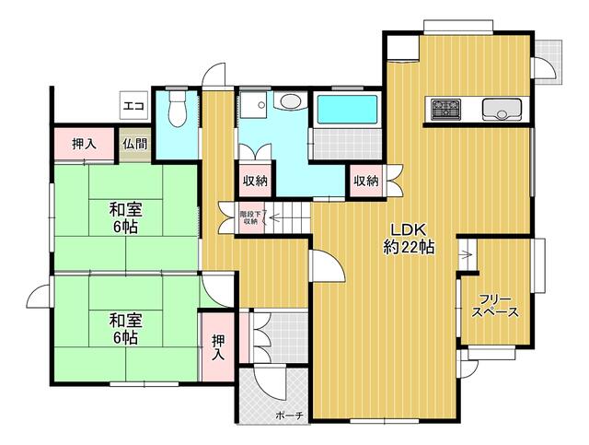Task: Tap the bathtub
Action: (347, 110)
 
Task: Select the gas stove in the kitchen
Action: (445, 109)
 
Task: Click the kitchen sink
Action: (502, 110)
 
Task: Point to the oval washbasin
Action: (290, 100)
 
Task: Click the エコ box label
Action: (133, 106)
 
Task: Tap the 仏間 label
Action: (134, 144)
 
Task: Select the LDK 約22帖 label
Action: (409, 238)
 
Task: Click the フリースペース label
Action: (495, 306)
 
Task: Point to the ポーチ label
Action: (289, 416)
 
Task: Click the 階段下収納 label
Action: (250, 217)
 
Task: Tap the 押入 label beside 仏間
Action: (84, 144)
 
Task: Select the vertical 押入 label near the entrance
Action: (218, 347)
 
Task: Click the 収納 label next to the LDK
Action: (366, 181)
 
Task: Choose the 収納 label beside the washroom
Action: (255, 181)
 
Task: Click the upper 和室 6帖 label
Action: (125, 217)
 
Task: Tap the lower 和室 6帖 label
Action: (125, 329)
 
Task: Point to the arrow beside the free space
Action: (467, 255)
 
